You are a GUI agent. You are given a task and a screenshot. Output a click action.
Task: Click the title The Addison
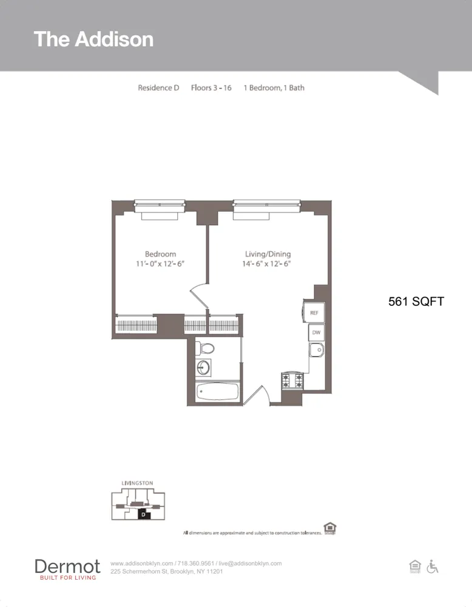click(93, 39)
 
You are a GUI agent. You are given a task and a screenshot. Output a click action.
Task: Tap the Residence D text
click(158, 87)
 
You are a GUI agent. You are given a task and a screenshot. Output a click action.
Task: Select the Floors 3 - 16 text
click(211, 87)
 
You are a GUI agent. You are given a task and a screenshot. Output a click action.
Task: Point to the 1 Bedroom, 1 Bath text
click(274, 87)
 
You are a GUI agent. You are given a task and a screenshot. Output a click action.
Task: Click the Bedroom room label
click(160, 254)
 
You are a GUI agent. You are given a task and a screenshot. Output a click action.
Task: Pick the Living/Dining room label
click(268, 254)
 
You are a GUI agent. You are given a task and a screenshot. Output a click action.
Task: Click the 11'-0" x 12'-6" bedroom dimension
click(160, 264)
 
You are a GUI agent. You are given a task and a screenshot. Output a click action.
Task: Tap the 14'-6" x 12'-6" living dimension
click(268, 264)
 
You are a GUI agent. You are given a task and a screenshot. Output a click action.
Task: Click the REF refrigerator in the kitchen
click(314, 313)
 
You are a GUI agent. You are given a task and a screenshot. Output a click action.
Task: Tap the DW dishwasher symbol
click(316, 333)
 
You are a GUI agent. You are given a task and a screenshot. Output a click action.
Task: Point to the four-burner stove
click(292, 381)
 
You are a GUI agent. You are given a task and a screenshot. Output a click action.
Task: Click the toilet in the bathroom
click(206, 348)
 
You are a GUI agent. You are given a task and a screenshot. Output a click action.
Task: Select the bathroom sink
click(203, 367)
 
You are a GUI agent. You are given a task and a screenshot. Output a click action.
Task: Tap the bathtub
click(217, 391)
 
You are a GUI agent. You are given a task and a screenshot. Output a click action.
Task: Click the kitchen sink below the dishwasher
click(315, 350)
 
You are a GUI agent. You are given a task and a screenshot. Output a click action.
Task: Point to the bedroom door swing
click(199, 294)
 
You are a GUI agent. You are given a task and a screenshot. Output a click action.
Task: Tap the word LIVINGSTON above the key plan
click(137, 483)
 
